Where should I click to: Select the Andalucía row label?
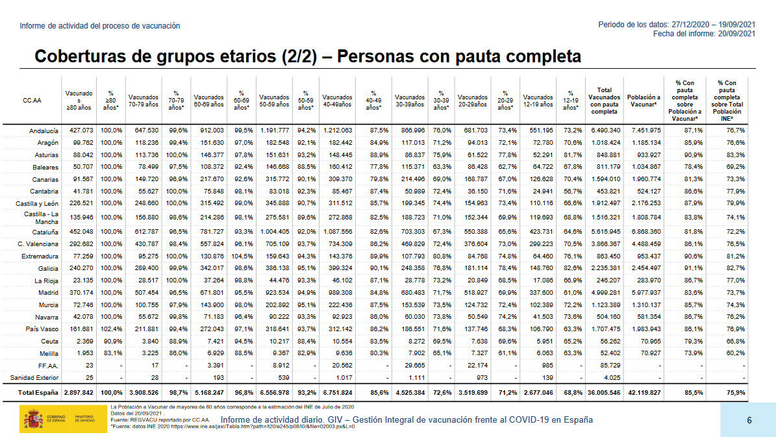[x=44, y=131]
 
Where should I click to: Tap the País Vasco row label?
[x=43, y=329]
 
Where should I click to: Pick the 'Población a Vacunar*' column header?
[x=644, y=101]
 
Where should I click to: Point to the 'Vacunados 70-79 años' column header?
[x=144, y=101]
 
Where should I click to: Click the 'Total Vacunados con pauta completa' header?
[x=604, y=101]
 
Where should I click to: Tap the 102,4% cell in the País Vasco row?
[x=111, y=329]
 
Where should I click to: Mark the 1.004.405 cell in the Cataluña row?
[x=274, y=232]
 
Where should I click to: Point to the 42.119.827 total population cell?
[x=644, y=392]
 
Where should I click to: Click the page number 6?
[x=749, y=420]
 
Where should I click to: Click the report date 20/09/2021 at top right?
[x=734, y=34]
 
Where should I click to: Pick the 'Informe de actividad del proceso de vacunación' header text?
[x=100, y=26]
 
